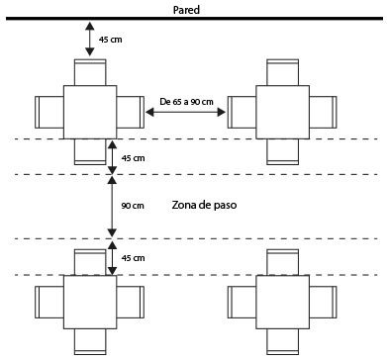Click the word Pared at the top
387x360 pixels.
pyautogui.click(x=186, y=10)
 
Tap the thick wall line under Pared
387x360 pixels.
pyautogui.click(x=195, y=19)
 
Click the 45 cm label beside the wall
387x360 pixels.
pyautogui.click(x=111, y=40)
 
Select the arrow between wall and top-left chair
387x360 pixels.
pyautogui.click(x=90, y=39)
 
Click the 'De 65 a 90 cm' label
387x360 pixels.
pyautogui.click(x=186, y=102)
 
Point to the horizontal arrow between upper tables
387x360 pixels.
pyautogui.click(x=185, y=113)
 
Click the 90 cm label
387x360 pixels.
pyautogui.click(x=133, y=206)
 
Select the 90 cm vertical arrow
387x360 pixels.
pyautogui.click(x=113, y=207)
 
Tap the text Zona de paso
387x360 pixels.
pyautogui.click(x=204, y=205)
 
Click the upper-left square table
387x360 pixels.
pyautogui.click(x=90, y=112)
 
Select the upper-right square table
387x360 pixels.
pyautogui.click(x=283, y=112)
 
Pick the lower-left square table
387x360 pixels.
pyautogui.click(x=90, y=302)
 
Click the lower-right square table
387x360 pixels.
pyautogui.click(x=283, y=302)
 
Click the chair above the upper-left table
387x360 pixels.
pyautogui.click(x=90, y=72)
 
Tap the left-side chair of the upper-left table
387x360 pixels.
pyautogui.click(x=49, y=112)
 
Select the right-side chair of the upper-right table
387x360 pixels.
pyautogui.click(x=323, y=112)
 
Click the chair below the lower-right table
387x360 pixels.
pyautogui.click(x=283, y=341)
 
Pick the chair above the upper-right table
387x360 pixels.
pyautogui.click(x=283, y=72)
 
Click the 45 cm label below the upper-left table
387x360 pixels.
pyautogui.click(x=133, y=158)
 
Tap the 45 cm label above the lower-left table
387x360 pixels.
pyautogui.click(x=133, y=258)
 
